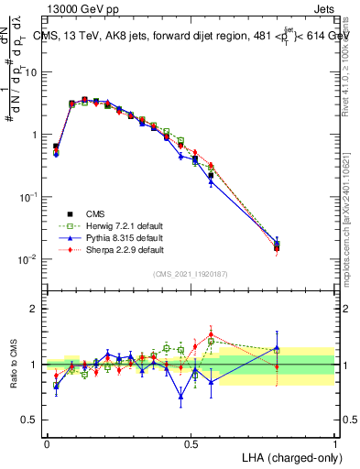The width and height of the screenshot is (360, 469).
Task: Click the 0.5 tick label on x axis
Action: (x=191, y=442)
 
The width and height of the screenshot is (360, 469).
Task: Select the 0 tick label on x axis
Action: (x=47, y=442)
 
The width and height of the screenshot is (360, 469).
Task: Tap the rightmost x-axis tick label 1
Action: (x=335, y=442)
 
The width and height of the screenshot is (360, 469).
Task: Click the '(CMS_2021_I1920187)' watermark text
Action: (x=191, y=274)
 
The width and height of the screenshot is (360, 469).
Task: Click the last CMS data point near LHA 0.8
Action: (x=278, y=245)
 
